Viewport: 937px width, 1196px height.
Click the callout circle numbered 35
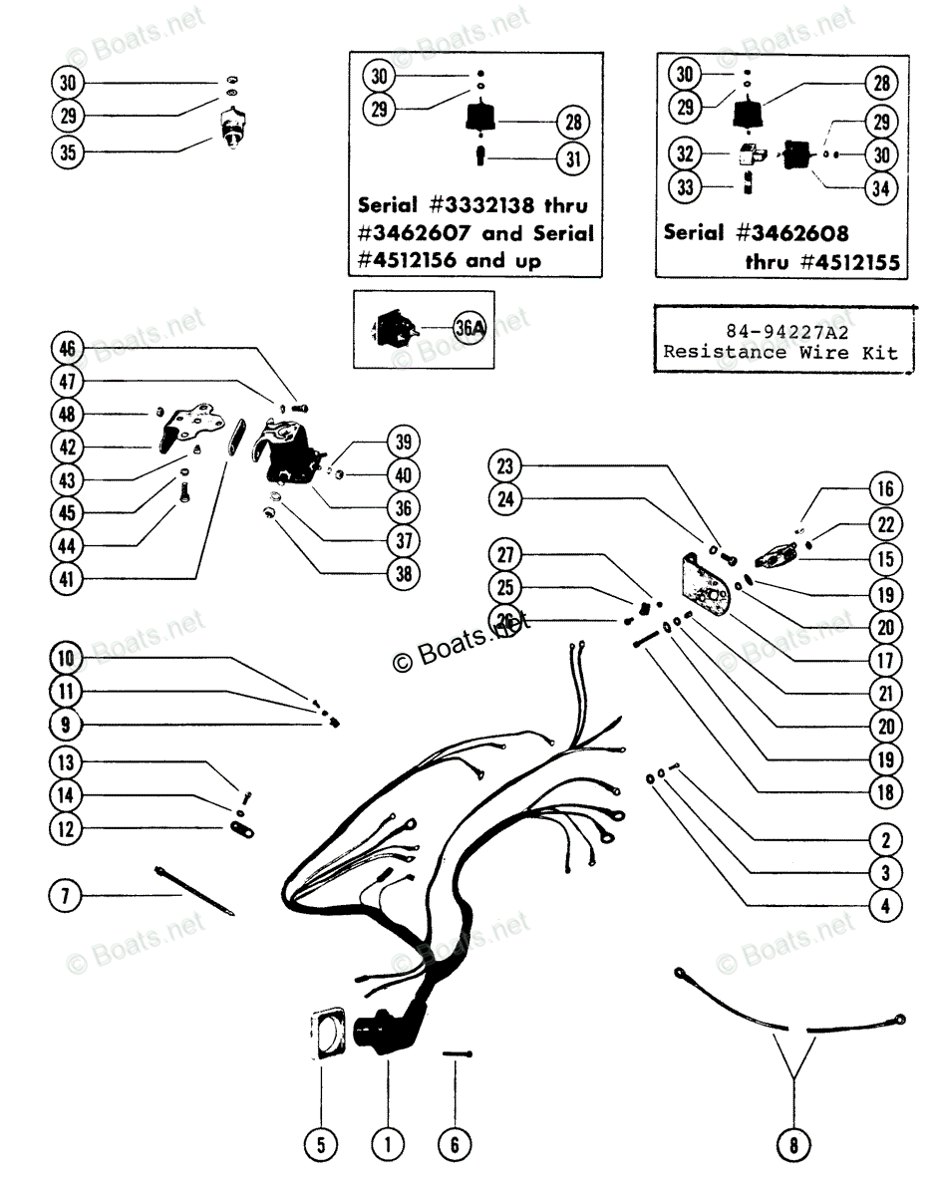[x=68, y=152]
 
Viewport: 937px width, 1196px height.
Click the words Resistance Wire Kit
[x=782, y=352]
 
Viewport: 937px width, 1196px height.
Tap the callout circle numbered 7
[x=68, y=896]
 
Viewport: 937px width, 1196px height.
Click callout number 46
[x=68, y=349]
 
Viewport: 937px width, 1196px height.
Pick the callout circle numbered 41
[x=68, y=579]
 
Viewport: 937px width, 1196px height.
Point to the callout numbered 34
[x=880, y=188]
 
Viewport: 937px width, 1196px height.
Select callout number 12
[x=68, y=828]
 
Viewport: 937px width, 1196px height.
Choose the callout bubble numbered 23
[x=505, y=465]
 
